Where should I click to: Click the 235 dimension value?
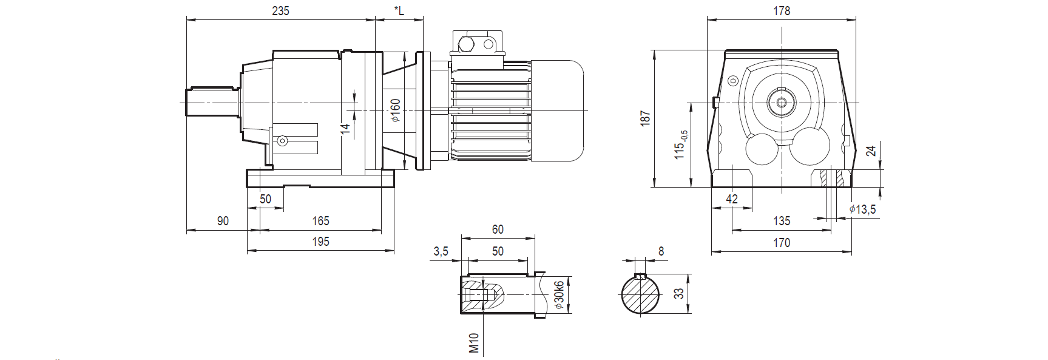280,11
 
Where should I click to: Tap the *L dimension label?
399,10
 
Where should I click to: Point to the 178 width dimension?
782,11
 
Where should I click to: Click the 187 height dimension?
646,118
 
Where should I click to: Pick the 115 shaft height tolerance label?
681,145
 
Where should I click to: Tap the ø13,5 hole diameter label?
862,209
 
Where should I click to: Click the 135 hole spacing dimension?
782,221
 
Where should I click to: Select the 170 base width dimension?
782,243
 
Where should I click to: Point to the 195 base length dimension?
320,242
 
